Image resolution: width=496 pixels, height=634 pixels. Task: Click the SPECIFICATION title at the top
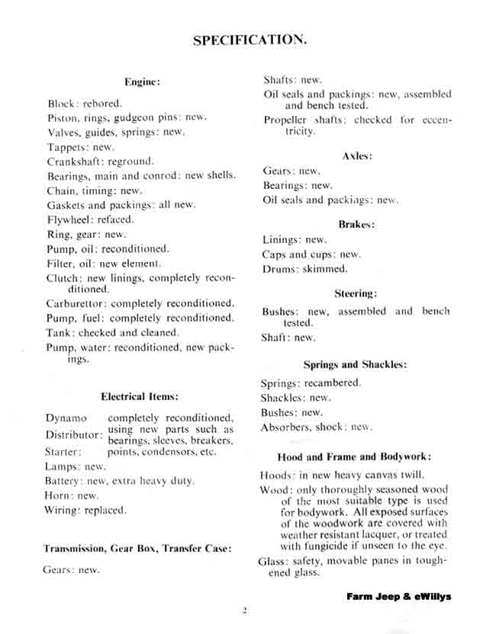[250, 40]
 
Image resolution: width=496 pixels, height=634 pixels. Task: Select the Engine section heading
[143, 82]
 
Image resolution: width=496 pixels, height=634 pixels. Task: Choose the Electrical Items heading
[140, 396]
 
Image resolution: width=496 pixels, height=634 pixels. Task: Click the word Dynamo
[66, 418]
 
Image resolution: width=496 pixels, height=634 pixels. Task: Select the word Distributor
[72, 435]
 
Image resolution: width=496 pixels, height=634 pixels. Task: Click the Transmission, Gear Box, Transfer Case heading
[137, 548]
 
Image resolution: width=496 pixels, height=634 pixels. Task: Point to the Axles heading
[357, 155]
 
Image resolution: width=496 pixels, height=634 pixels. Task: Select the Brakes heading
[356, 224]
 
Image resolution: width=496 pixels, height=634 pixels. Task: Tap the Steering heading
[356, 293]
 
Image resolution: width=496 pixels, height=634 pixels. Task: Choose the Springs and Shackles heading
[355, 365]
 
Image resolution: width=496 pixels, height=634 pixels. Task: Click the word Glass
[272, 562]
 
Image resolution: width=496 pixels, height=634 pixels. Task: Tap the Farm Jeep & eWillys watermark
[398, 596]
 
